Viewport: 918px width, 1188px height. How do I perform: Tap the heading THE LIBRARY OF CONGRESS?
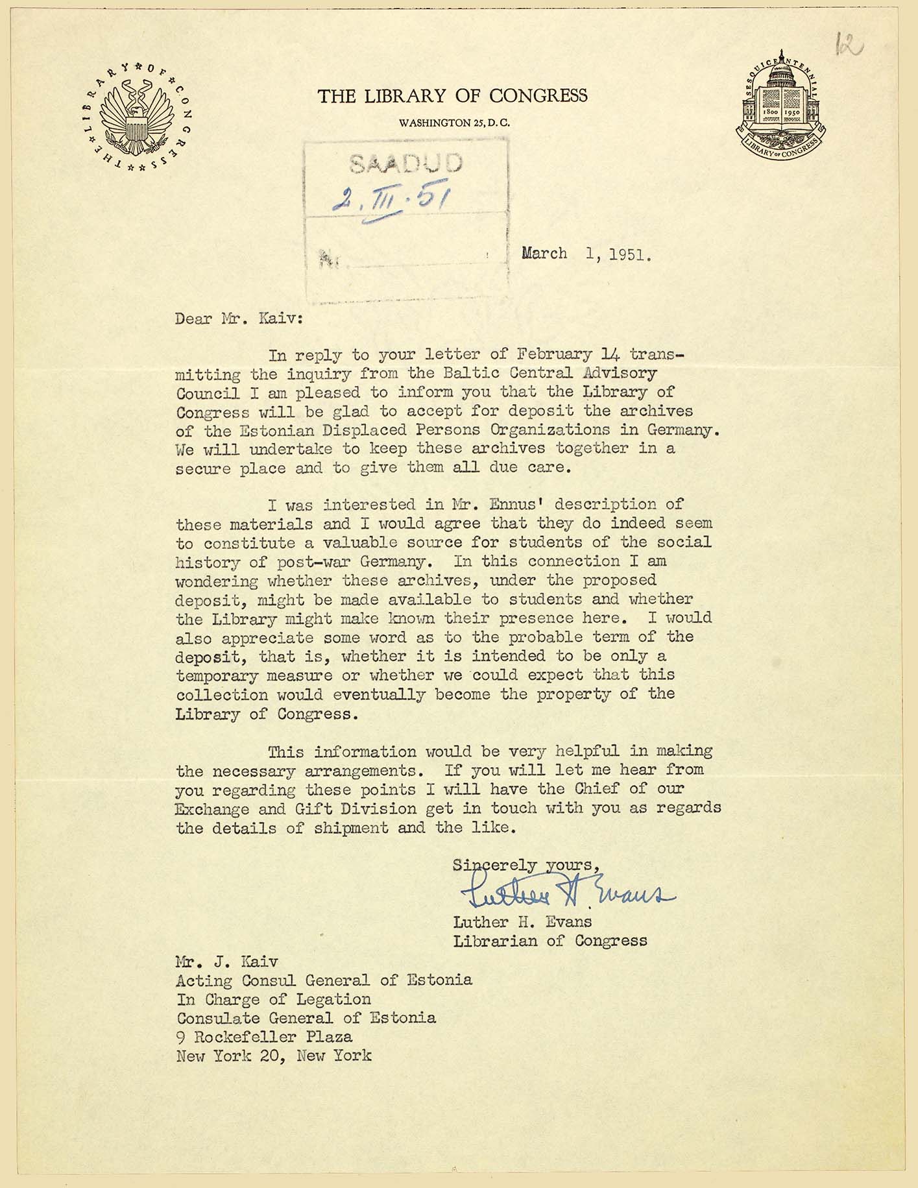(x=452, y=96)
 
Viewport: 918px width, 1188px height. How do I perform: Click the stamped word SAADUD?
(x=406, y=163)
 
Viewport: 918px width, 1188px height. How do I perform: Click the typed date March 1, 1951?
(x=586, y=254)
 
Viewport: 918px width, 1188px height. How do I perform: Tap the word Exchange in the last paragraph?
(x=212, y=809)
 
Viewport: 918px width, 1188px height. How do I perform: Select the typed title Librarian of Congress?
(x=550, y=940)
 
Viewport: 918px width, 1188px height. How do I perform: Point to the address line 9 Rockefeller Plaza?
(x=264, y=1037)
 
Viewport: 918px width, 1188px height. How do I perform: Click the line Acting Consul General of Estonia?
(x=324, y=980)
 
